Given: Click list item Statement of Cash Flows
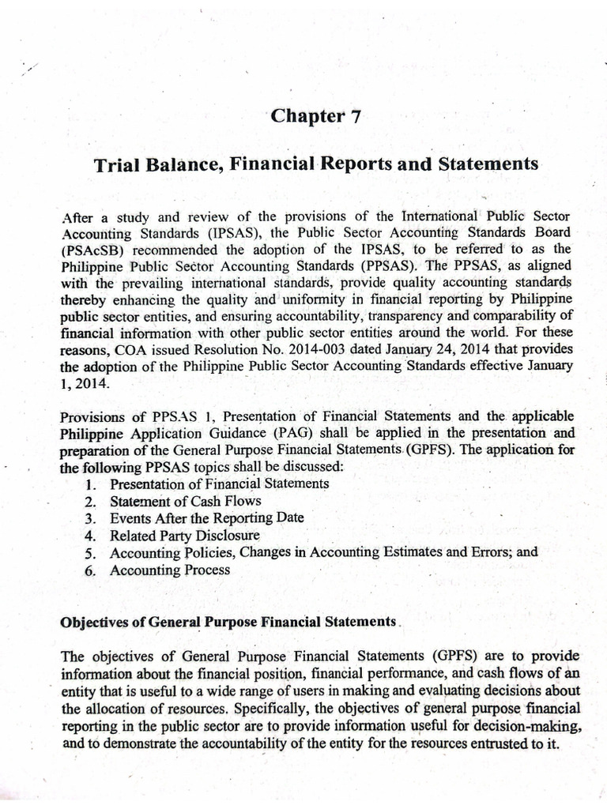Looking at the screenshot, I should (x=186, y=501).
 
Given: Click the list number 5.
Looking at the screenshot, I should (x=90, y=553).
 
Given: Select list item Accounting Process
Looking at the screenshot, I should (x=170, y=570).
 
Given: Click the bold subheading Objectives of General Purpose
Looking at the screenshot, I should (x=228, y=622).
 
